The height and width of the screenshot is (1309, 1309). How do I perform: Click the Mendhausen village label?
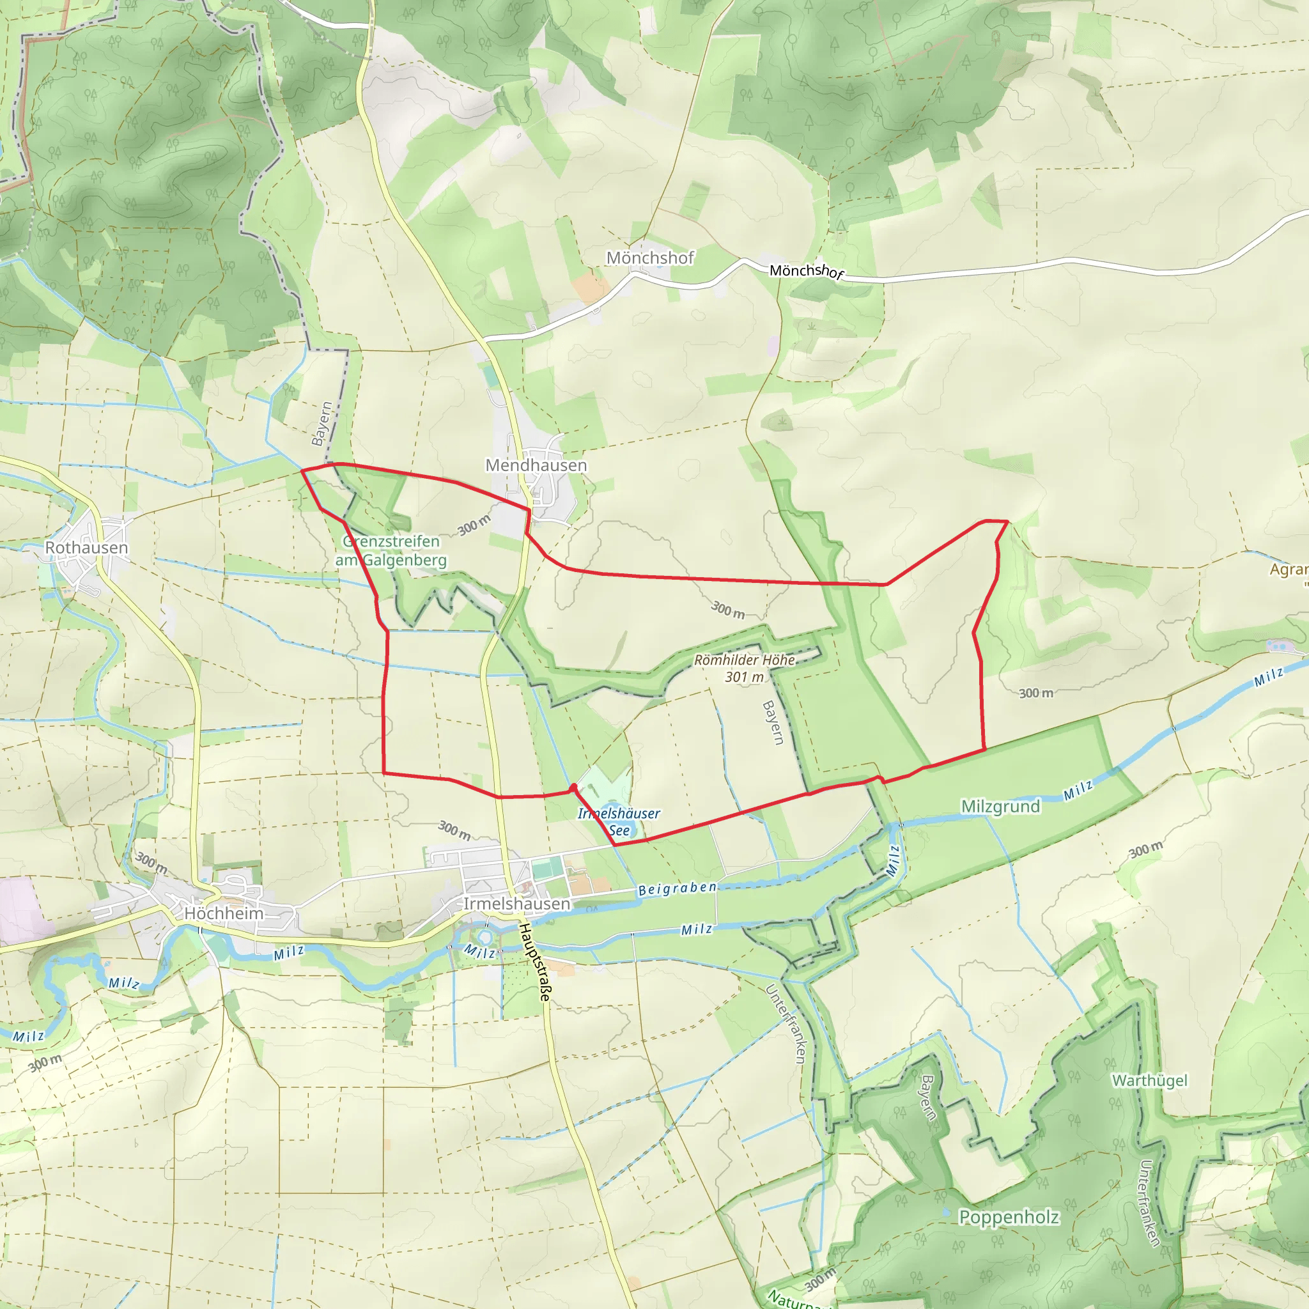[536, 465]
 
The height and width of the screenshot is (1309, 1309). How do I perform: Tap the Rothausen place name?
[86, 548]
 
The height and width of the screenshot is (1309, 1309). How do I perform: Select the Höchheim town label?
[224, 913]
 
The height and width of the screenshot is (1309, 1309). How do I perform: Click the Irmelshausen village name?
[516, 904]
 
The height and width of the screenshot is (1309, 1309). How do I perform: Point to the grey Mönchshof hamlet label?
[650, 258]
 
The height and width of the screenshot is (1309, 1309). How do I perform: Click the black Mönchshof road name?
[806, 272]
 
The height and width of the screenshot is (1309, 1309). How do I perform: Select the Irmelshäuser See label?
[618, 822]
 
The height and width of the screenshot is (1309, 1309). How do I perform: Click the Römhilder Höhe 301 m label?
[744, 668]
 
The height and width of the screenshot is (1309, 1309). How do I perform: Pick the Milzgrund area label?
[1000, 806]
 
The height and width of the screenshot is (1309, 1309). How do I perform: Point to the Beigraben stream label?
[677, 888]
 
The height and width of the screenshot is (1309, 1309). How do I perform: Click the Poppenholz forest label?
[1008, 1217]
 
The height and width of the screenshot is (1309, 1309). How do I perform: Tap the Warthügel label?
[1150, 1080]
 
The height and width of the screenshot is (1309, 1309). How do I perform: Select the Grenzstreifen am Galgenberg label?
[391, 551]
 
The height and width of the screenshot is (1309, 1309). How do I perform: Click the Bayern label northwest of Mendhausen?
[322, 424]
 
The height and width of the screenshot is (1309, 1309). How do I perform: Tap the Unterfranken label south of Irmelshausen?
[786, 1023]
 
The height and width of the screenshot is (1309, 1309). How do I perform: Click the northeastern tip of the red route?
[1007, 521]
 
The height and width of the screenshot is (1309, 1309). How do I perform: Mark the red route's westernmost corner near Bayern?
[302, 470]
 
